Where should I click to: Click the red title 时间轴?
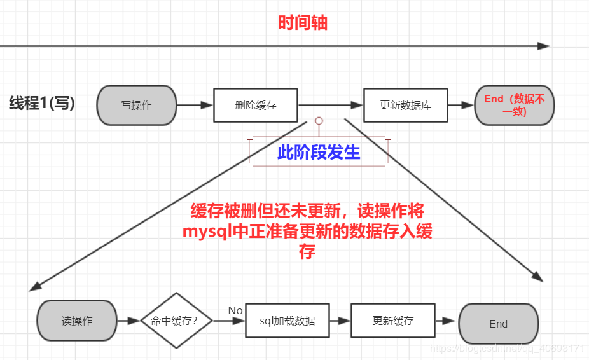pyautogui.click(x=303, y=23)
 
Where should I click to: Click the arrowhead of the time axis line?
pyautogui.click(x=543, y=46)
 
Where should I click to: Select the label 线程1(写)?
pyautogui.click(x=42, y=104)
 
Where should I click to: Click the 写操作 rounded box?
pyautogui.click(x=137, y=105)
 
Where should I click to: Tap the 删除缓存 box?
pyautogui.click(x=255, y=105)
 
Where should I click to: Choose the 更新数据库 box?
pyautogui.click(x=405, y=105)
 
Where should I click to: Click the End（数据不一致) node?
pyautogui.click(x=514, y=105)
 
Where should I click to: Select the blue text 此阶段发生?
pyautogui.click(x=319, y=152)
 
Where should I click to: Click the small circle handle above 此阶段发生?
pyautogui.click(x=319, y=121)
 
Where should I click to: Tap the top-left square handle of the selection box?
pyautogui.click(x=249, y=137)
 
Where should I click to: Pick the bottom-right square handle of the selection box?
pyautogui.click(x=388, y=166)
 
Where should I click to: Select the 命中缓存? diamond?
pyautogui.click(x=174, y=321)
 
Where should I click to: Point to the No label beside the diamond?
pyautogui.click(x=235, y=310)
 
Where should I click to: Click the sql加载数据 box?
pyautogui.click(x=287, y=321)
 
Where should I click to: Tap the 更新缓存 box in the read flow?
pyautogui.click(x=392, y=321)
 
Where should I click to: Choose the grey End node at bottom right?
pyautogui.click(x=498, y=324)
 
